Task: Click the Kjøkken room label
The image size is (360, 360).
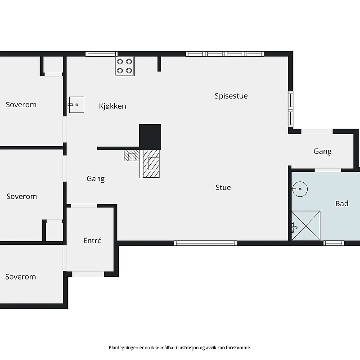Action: click(112, 106)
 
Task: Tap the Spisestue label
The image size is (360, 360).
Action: click(231, 96)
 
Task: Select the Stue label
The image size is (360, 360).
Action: click(223, 187)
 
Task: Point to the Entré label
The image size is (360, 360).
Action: click(92, 240)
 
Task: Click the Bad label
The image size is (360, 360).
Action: click(342, 203)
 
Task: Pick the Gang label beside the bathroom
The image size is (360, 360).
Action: click(323, 151)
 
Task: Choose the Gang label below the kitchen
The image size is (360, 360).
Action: click(95, 179)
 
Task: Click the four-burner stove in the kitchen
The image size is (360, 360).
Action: click(125, 66)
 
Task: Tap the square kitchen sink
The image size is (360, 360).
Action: click(76, 105)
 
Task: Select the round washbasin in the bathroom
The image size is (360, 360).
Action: click(300, 189)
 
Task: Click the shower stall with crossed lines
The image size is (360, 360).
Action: click(306, 226)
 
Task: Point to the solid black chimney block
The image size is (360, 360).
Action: click(150, 137)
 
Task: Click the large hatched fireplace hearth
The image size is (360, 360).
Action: click(151, 164)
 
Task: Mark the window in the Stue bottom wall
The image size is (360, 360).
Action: click(205, 243)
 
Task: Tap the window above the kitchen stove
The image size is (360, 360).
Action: click(102, 54)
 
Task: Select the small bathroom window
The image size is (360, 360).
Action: click(333, 243)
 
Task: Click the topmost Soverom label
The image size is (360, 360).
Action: click(21, 105)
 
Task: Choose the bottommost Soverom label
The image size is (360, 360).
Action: click(21, 277)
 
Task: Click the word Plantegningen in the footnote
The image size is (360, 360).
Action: click(123, 348)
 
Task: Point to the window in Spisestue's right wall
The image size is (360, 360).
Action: click(291, 109)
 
